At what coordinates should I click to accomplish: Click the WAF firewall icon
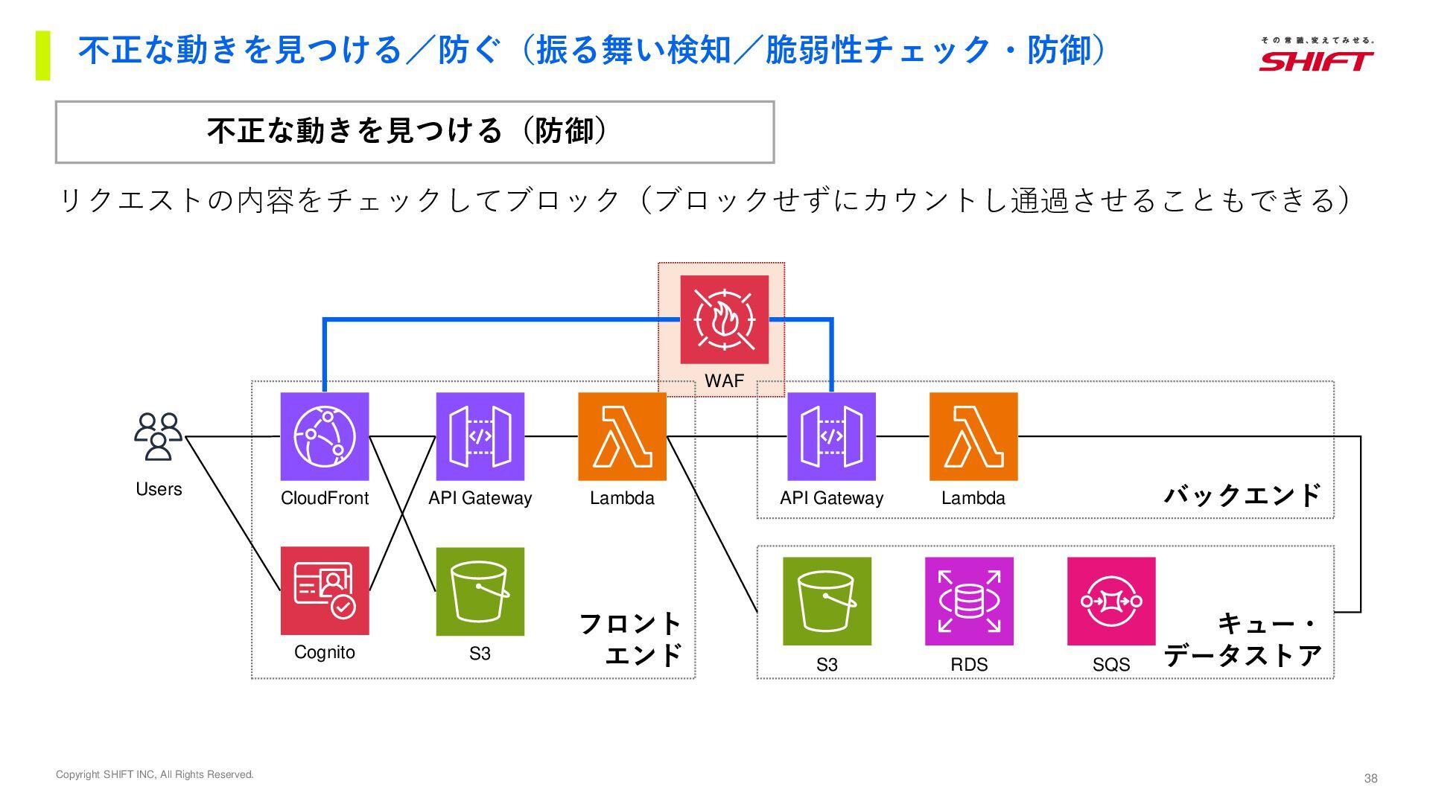click(x=724, y=319)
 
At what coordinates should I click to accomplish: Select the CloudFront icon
click(x=324, y=436)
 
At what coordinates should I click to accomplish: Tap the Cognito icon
click(x=324, y=590)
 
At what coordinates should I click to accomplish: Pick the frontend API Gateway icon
click(x=480, y=436)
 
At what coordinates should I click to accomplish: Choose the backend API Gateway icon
click(x=831, y=436)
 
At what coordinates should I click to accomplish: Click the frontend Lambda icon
click(x=622, y=436)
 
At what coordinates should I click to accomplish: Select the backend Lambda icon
click(x=973, y=436)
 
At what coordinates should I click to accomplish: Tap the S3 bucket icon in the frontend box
click(x=480, y=591)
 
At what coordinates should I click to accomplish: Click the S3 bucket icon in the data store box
click(x=827, y=601)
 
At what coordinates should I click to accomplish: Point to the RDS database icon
click(x=969, y=601)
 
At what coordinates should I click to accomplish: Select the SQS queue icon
click(x=1111, y=601)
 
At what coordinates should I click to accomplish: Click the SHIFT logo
click(x=1316, y=56)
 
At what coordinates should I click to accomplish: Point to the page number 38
click(x=1370, y=779)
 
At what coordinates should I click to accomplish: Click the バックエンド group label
click(x=1242, y=495)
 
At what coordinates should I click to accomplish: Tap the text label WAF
click(x=724, y=381)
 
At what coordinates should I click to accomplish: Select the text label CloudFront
click(x=324, y=498)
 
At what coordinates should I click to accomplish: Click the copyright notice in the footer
click(x=155, y=775)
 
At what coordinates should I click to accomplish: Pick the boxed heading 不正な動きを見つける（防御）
click(x=415, y=132)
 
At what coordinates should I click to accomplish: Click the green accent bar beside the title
click(x=42, y=55)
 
